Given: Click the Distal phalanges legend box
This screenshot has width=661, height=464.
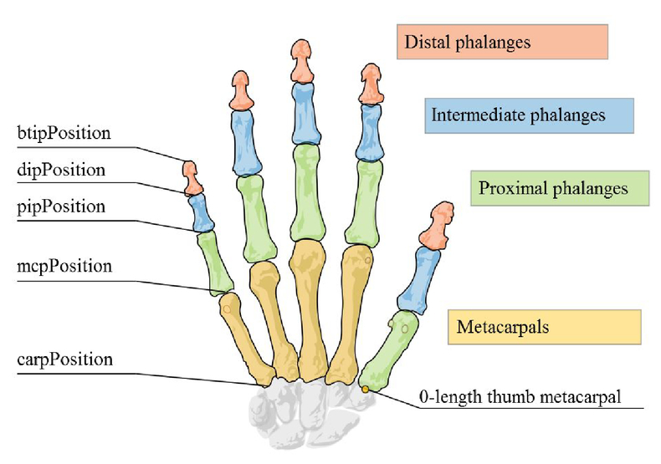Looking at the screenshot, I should pos(501,42).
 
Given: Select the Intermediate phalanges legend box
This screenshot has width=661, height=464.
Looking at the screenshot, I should pos(528,115).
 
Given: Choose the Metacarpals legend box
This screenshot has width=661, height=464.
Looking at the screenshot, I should pos(544,327).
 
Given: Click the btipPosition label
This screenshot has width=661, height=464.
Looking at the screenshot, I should pos(64,133).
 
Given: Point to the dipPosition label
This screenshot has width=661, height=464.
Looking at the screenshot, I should pos(61,170).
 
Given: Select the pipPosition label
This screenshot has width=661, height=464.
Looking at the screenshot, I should pos(61,206).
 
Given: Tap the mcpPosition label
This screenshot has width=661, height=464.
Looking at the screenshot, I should pos(64,267).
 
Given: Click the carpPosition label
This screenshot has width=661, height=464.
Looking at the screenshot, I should pos(64,360).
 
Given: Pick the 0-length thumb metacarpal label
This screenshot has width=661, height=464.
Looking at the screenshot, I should pos(520,396).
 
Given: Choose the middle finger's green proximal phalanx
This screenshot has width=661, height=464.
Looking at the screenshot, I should pos(305,192).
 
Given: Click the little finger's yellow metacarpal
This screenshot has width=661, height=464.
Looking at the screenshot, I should pos(246,334).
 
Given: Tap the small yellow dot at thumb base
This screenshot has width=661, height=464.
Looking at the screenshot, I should pos(365,389).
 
